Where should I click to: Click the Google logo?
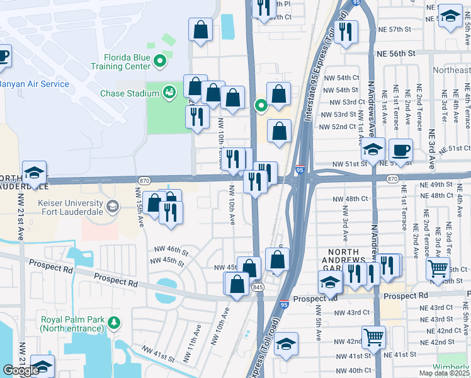coord(20,370)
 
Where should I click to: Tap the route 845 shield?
coord(259,287)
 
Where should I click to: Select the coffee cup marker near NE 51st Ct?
coord(400,151)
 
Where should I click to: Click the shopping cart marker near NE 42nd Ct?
coord(374,336)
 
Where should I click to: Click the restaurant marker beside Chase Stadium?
coord(197,117)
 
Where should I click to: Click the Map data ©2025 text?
coord(443,373)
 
